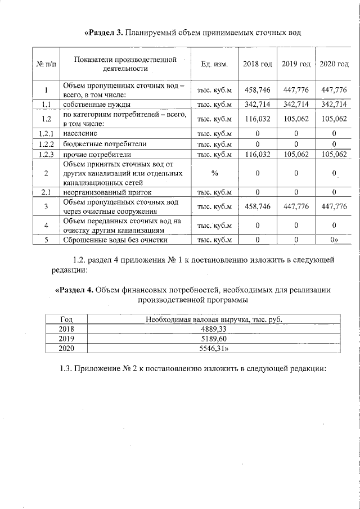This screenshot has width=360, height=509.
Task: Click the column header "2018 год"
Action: [x=257, y=64]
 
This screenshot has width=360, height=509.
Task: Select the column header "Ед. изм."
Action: [x=214, y=64]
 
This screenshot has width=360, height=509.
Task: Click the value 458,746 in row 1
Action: [x=257, y=90]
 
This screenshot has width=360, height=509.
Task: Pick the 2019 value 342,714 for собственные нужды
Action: [x=296, y=105]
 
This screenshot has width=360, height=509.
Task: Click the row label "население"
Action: [x=80, y=133]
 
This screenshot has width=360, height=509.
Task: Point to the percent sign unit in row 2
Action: [x=214, y=173]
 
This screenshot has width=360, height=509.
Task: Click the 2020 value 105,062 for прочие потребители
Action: [x=334, y=154]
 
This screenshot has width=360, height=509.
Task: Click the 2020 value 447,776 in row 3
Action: [x=334, y=206]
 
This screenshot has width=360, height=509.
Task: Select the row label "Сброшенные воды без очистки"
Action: [x=115, y=240]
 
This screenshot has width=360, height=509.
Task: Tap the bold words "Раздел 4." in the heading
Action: [x=74, y=290]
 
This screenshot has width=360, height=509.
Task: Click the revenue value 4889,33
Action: [x=213, y=329]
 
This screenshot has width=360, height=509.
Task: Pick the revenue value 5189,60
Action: [x=213, y=339]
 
